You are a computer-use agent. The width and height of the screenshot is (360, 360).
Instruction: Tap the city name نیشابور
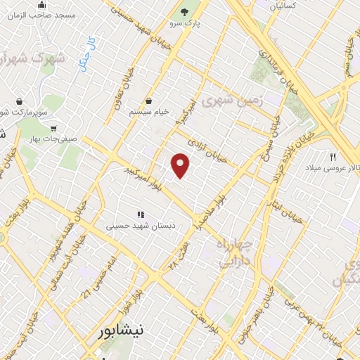click(x=119, y=329)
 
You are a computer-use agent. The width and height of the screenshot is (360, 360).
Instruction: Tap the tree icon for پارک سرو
click(x=185, y=12)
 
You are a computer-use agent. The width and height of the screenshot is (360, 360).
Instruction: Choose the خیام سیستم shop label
click(x=148, y=112)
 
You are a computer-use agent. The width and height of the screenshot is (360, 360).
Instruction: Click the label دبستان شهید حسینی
click(x=139, y=226)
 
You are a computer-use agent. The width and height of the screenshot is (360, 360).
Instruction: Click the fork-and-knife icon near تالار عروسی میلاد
click(x=333, y=157)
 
